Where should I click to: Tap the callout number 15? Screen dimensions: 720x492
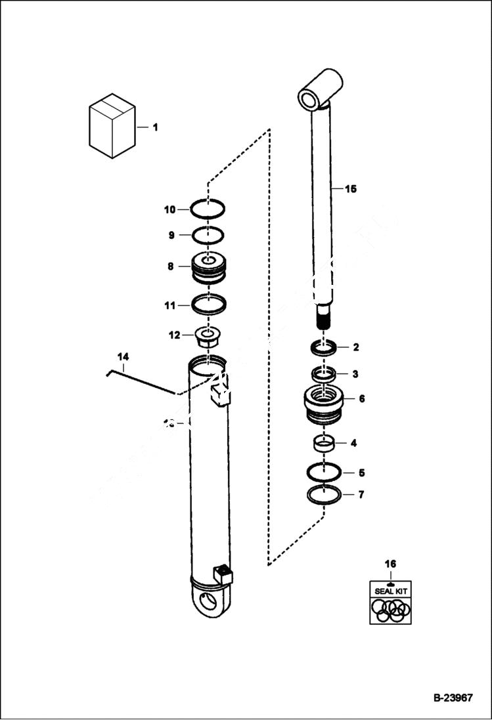(350, 189)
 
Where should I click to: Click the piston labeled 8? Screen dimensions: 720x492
(208, 268)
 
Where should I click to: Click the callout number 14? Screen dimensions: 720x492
(123, 356)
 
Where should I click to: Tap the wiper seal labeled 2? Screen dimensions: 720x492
(324, 347)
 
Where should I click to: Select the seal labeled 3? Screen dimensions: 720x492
(323, 375)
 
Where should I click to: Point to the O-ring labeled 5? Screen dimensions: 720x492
(323, 472)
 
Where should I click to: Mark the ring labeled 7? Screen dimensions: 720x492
(324, 494)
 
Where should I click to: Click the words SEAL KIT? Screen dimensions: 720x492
(390, 591)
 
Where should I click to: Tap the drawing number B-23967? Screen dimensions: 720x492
(453, 698)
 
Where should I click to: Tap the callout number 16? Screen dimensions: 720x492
(390, 564)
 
